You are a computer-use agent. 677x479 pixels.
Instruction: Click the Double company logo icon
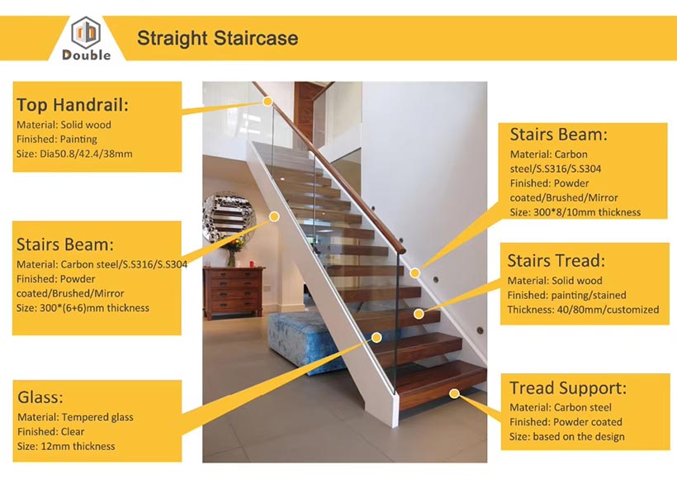(x=86, y=32)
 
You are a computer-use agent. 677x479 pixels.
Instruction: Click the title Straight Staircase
(x=218, y=38)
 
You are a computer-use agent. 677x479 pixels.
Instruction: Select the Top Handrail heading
(x=73, y=105)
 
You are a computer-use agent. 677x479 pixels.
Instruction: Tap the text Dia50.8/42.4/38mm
(x=86, y=154)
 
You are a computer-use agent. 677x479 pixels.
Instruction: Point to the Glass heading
(x=40, y=397)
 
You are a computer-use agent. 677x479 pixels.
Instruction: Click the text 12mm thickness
(x=78, y=446)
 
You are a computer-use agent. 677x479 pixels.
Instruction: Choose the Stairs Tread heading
(x=556, y=261)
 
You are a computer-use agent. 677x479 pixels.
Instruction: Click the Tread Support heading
(x=568, y=388)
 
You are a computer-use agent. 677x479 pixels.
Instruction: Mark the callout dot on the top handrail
(x=267, y=102)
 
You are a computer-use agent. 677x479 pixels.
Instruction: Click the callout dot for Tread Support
(x=454, y=393)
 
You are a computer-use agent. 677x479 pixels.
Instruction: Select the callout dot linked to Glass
(x=376, y=337)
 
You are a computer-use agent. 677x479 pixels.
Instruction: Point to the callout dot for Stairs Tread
(x=419, y=314)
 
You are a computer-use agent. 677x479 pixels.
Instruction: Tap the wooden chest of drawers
(x=234, y=292)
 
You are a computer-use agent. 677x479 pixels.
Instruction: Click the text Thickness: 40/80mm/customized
(x=583, y=310)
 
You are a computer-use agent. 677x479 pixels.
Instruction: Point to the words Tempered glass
(x=97, y=417)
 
